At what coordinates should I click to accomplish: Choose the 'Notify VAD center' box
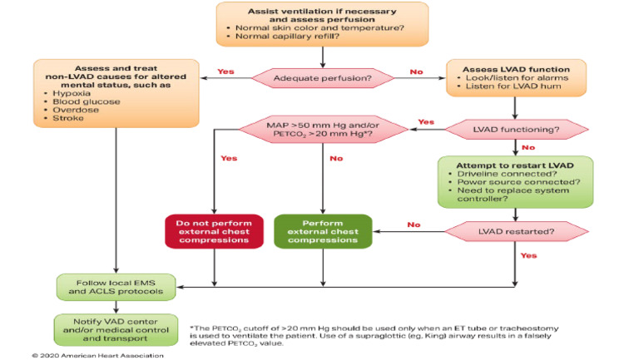tap(116, 328)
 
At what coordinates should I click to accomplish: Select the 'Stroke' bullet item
tap(58, 117)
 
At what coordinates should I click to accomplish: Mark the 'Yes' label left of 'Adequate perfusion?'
tap(225, 72)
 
